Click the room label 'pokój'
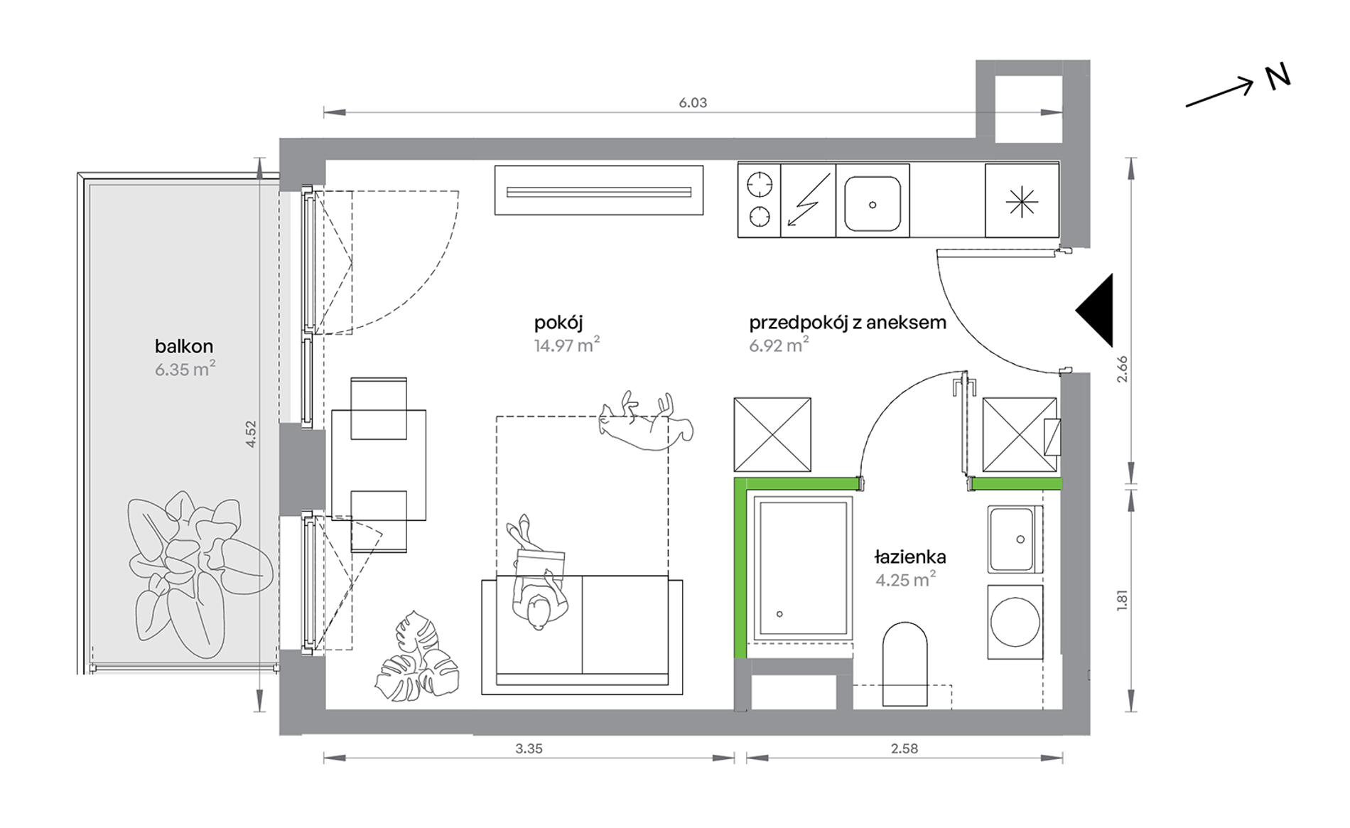point(558,323)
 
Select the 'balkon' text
point(184,346)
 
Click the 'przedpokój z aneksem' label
point(848,323)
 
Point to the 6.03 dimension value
point(693,102)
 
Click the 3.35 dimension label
point(529,748)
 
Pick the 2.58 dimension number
point(904,748)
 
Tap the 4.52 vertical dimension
point(251,434)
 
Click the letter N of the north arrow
point(1278,77)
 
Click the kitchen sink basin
point(873,203)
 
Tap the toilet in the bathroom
point(905,665)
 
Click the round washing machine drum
point(1015,622)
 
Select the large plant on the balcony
point(199,574)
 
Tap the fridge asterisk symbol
point(1022,202)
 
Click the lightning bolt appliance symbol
point(809,200)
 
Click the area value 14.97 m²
point(567,345)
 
